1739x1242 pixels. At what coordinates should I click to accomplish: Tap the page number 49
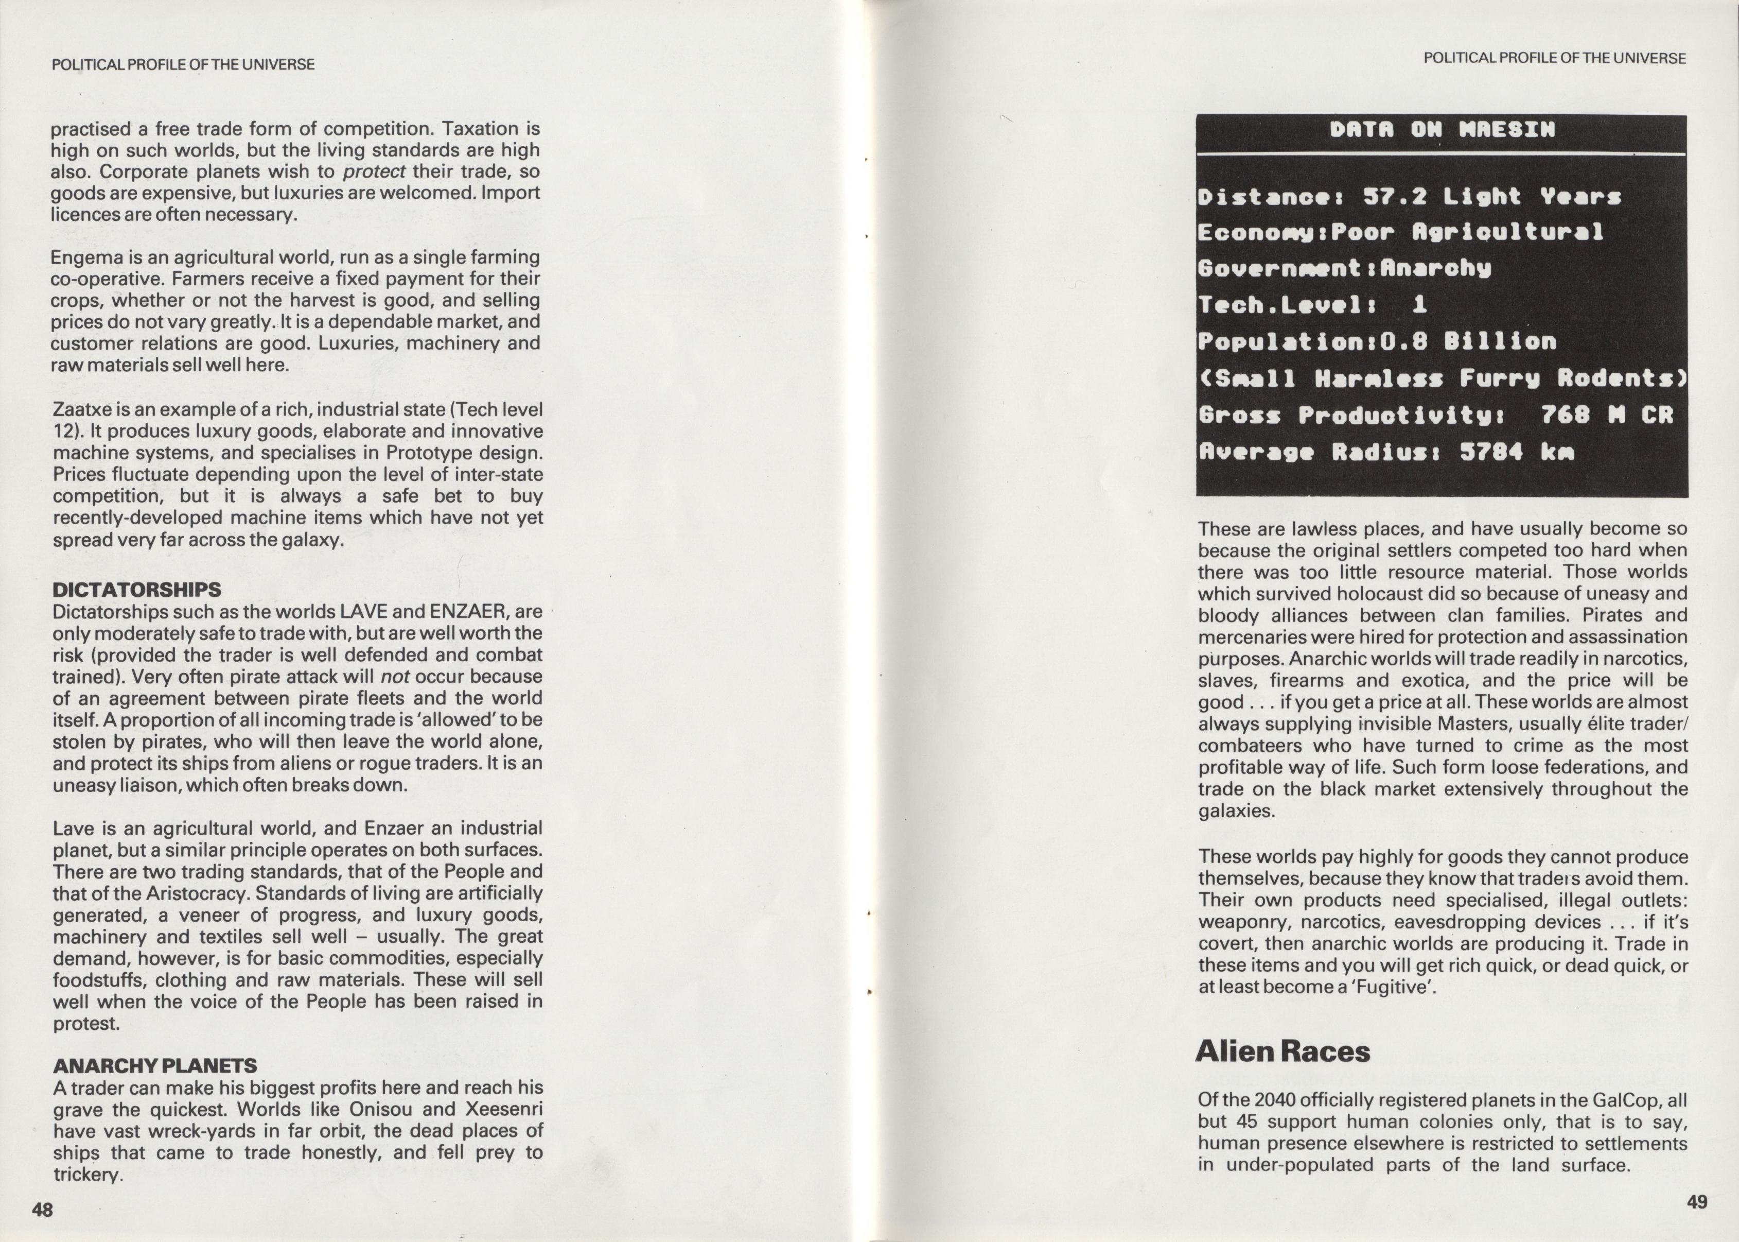point(1696,1201)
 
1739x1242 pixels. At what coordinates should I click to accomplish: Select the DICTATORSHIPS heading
point(137,590)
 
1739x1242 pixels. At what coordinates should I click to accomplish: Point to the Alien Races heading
point(1283,1051)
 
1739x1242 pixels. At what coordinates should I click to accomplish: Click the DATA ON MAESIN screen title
point(1442,130)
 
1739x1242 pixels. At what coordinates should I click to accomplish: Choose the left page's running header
point(183,65)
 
